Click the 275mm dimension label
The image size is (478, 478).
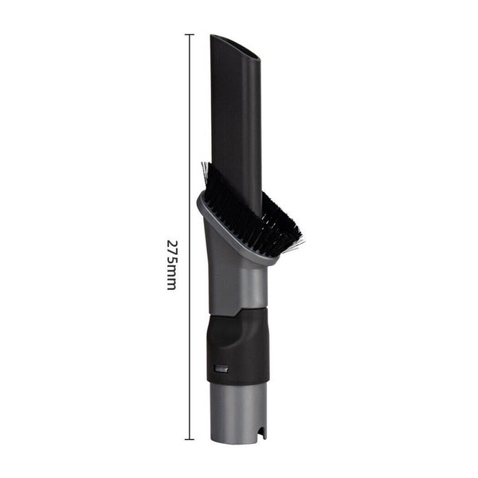pyautogui.click(x=171, y=264)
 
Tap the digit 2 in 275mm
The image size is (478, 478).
pyautogui.click(x=171, y=242)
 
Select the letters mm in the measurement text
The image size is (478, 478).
pyautogui.click(x=171, y=278)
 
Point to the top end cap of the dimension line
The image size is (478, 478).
pyautogui.click(x=190, y=34)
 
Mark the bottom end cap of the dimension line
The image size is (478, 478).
pyautogui.click(x=190, y=439)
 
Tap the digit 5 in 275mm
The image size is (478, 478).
pyautogui.click(x=171, y=259)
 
